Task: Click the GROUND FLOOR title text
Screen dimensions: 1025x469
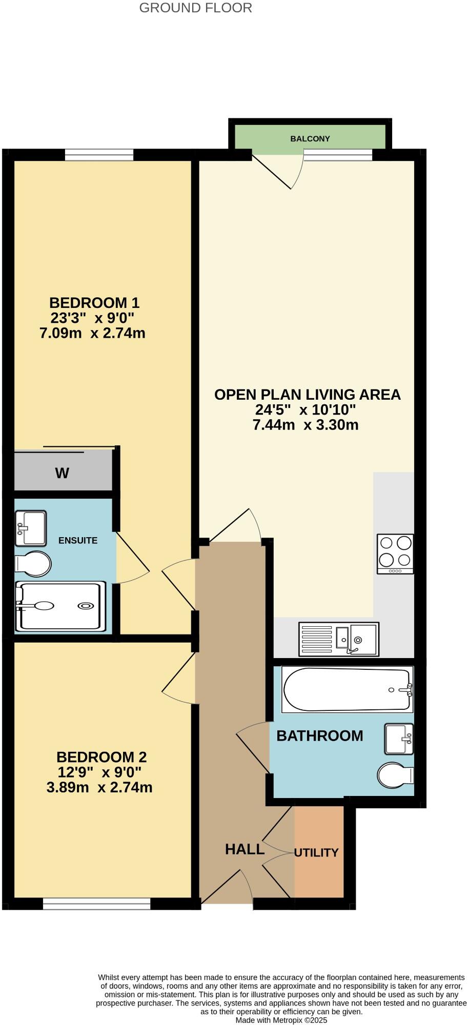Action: pos(195,8)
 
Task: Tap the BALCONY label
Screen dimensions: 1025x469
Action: pos(310,138)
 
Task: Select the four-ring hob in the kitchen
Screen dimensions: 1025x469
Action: pos(395,553)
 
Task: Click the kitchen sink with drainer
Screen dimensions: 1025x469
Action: pos(339,639)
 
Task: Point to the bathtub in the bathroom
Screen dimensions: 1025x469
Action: pos(347,689)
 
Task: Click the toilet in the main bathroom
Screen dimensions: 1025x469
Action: pos(395,775)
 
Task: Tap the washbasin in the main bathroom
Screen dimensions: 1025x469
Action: pos(399,739)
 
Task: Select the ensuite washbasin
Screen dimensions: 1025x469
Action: pos(30,528)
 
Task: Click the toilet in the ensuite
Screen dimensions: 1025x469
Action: pos(33,564)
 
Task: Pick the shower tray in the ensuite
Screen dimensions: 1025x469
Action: pos(60,606)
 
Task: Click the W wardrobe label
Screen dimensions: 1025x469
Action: pos(62,473)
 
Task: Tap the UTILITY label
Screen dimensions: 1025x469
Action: pos(316,852)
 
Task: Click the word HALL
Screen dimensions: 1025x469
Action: pos(244,849)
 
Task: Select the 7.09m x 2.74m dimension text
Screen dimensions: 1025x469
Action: pos(92,333)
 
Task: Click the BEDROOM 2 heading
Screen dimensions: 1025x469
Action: pos(101,756)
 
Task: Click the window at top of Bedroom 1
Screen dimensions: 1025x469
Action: pos(99,154)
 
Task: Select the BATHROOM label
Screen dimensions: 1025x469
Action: pos(319,735)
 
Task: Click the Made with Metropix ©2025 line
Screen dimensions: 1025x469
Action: pos(281,1020)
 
